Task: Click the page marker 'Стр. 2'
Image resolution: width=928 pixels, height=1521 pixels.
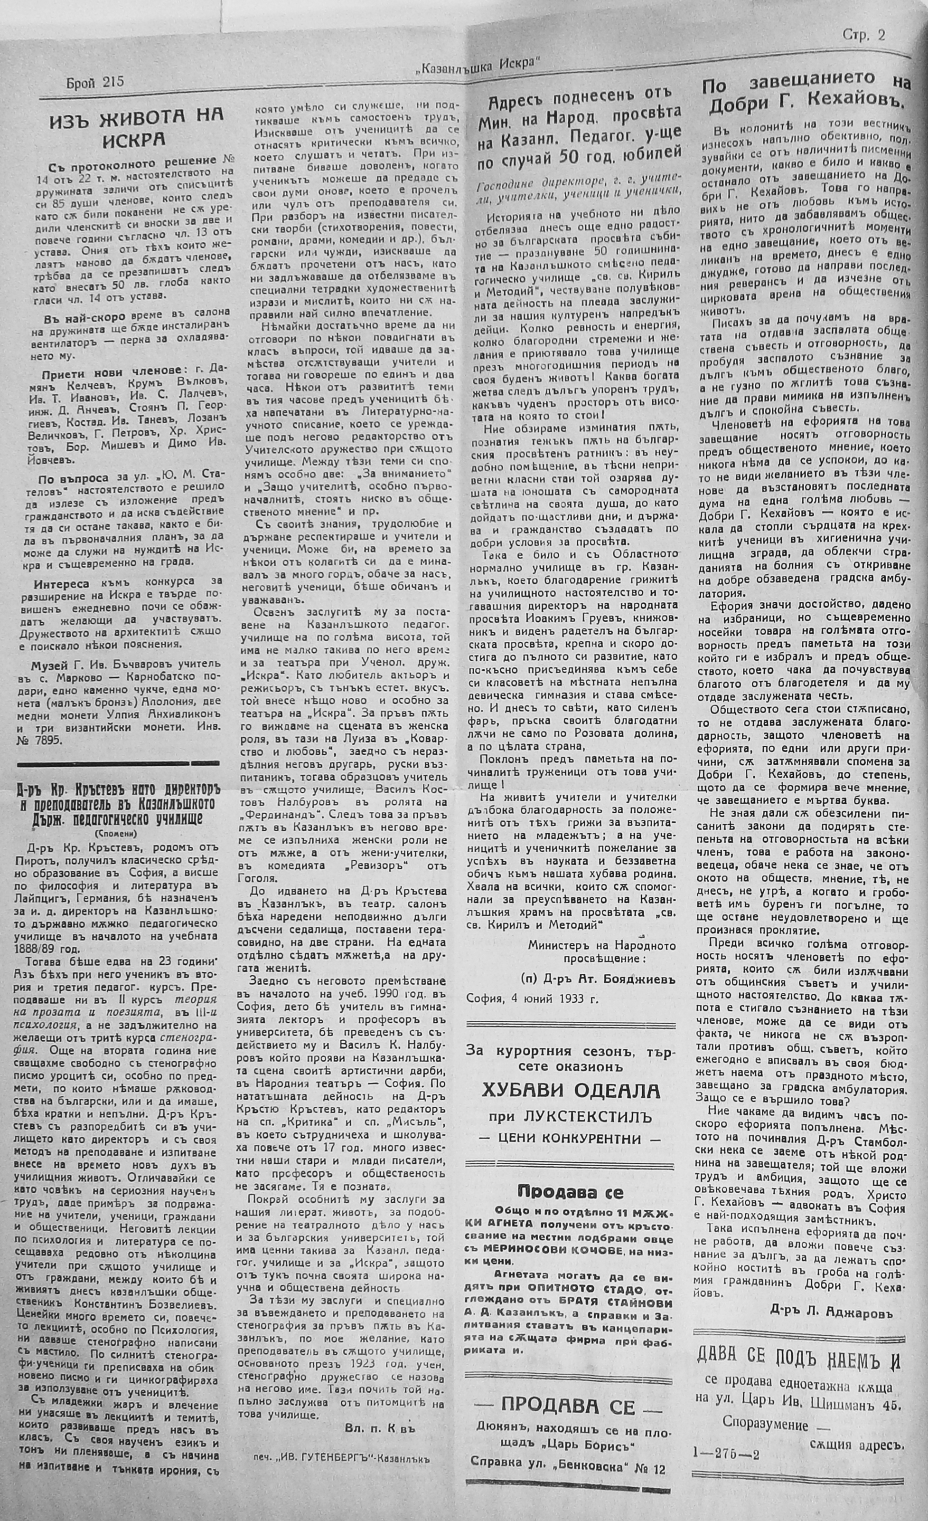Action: click(x=863, y=35)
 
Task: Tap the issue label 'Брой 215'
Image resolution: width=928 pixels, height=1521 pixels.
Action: click(x=94, y=82)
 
